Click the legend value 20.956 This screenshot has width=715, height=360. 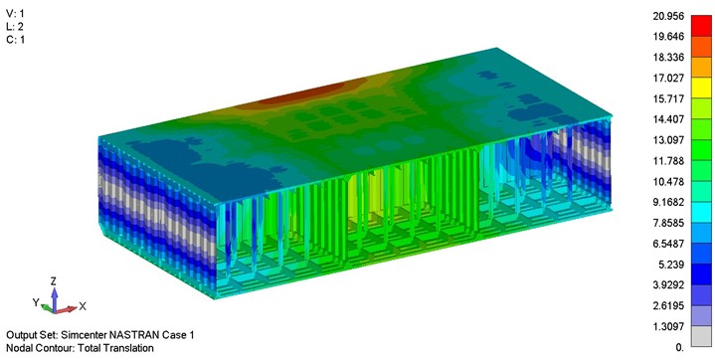668,16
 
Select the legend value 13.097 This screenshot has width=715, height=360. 668,140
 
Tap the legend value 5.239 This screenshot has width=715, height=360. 671,265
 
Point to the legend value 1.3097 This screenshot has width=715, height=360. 668,327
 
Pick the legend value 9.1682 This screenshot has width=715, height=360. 668,202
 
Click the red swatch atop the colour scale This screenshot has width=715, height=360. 701,26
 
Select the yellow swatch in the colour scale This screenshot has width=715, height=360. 701,88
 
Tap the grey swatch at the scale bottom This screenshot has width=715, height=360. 701,336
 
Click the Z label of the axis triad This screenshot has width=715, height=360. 54,281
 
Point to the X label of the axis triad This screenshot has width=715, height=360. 83,306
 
